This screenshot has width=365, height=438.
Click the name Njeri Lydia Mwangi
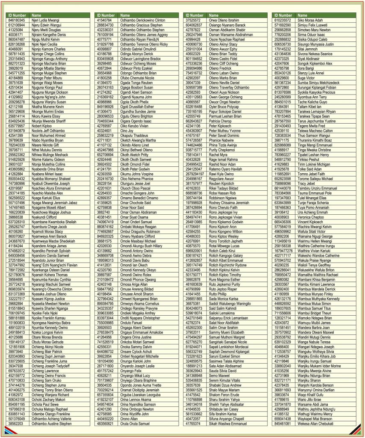click(45, 20)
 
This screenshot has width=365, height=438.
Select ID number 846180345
click(17, 20)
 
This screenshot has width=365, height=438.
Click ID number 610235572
click(282, 20)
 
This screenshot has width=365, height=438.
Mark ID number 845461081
click(282, 424)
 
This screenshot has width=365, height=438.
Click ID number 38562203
click(16, 424)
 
